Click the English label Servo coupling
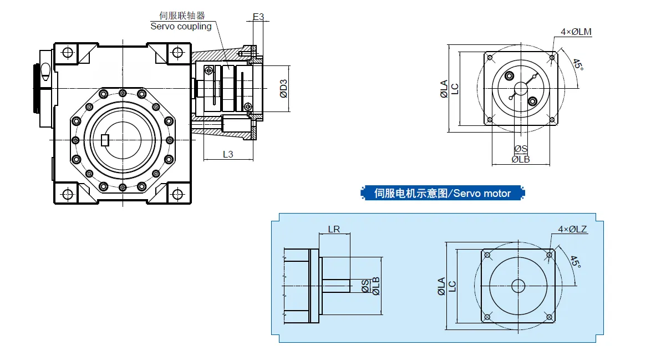(x=181, y=26)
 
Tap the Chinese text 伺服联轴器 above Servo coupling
(x=182, y=16)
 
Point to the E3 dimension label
(x=258, y=17)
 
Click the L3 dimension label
(x=228, y=154)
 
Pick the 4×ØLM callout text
(x=576, y=32)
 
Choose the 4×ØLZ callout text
(x=573, y=229)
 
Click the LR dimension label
(x=334, y=229)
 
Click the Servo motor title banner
(x=442, y=193)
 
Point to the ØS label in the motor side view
(x=365, y=286)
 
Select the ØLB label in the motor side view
(x=376, y=286)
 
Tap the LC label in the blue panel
(x=452, y=286)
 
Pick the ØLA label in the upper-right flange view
(x=444, y=89)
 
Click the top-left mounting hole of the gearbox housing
(x=68, y=53)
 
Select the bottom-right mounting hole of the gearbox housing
(x=177, y=194)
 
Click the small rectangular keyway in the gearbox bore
(x=105, y=140)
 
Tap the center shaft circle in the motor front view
(x=518, y=286)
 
